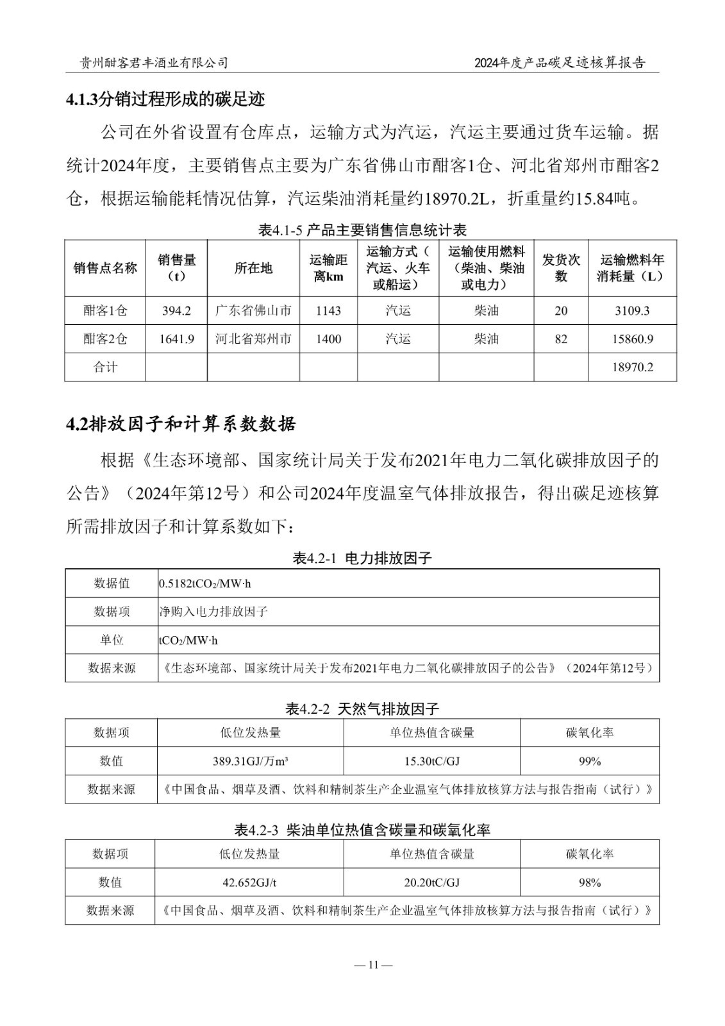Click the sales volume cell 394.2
point(176,311)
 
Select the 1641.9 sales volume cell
point(176,339)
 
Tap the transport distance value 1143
point(328,311)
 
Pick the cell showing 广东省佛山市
point(253,311)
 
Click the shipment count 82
point(561,339)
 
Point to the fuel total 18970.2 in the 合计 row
point(632,367)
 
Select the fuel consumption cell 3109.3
point(632,311)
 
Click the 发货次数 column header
point(561,268)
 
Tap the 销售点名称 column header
point(105,268)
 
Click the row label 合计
point(105,367)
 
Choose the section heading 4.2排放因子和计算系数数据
point(181,425)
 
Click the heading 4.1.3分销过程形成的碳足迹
point(165,99)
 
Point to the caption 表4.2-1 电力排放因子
point(362,558)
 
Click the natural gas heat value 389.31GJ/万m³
point(250,761)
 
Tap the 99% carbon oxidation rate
point(589,761)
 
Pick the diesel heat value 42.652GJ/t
point(249,882)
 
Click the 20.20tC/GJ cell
point(431,882)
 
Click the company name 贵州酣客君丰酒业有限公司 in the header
point(153,62)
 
